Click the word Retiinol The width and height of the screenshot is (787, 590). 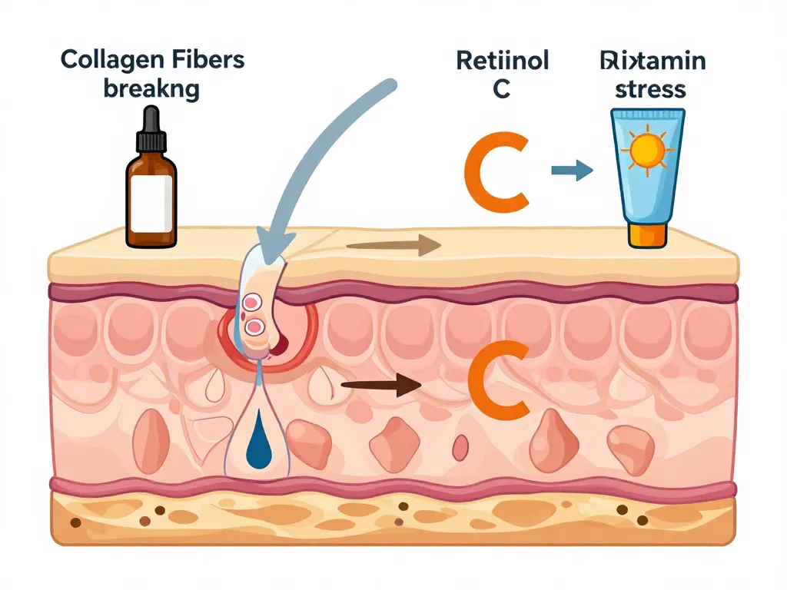click(503, 60)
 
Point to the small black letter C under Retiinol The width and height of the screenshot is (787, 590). click(501, 88)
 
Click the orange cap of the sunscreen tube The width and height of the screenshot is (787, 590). click(647, 234)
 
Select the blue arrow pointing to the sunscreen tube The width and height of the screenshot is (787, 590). click(573, 171)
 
